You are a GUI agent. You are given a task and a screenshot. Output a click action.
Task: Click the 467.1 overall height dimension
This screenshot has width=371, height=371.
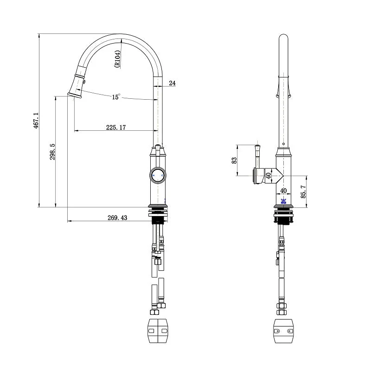[36, 121]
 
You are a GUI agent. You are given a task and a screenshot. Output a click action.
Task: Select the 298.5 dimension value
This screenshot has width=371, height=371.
[52, 152]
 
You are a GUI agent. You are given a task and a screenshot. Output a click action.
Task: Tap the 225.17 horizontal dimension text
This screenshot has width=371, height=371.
[116, 127]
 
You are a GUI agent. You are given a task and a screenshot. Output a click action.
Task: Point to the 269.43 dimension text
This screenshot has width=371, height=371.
[117, 217]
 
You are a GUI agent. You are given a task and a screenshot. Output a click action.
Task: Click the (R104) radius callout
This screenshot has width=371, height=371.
[118, 59]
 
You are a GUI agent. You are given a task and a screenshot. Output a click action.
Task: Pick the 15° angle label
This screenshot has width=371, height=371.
[116, 97]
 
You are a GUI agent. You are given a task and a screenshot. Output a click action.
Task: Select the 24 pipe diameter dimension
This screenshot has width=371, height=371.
[172, 83]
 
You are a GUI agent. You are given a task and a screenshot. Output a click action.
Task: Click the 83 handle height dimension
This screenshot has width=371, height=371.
[234, 160]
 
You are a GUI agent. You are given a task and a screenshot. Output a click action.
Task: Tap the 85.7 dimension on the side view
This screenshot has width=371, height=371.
[303, 192]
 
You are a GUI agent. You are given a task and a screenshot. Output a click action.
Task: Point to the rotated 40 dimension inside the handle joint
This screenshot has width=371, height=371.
[268, 176]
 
